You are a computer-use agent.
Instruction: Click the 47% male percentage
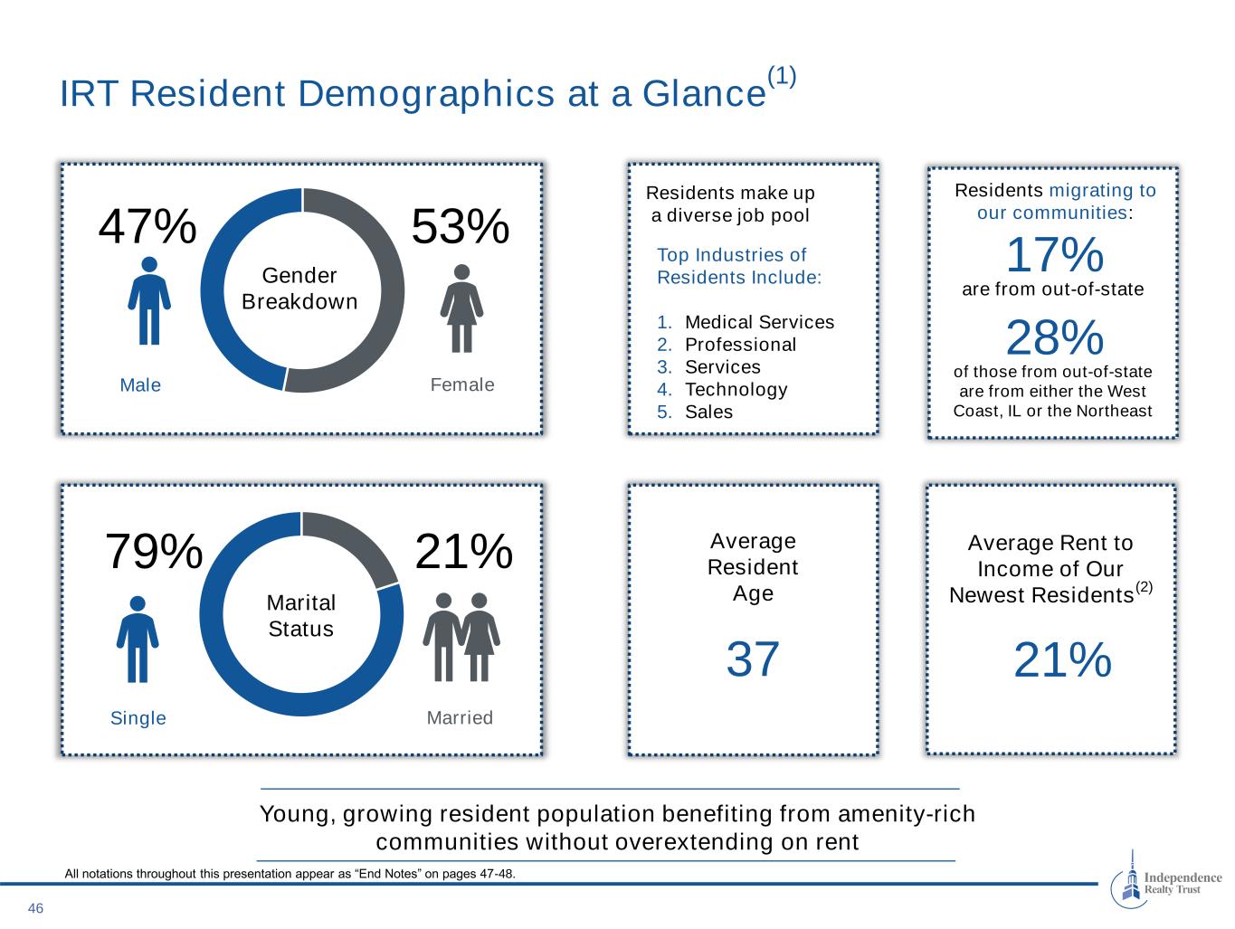(x=147, y=226)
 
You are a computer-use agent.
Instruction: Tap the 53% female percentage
(x=461, y=226)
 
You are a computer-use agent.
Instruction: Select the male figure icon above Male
(x=150, y=300)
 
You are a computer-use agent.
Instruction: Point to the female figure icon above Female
(x=461, y=308)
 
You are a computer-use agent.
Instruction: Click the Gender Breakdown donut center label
(x=300, y=289)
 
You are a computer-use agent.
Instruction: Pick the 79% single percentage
(x=154, y=551)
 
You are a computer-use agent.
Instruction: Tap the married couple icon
(x=461, y=637)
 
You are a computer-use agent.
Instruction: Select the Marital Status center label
(x=301, y=615)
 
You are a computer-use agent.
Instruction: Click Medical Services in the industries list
(x=759, y=322)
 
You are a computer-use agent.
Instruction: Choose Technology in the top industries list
(x=736, y=389)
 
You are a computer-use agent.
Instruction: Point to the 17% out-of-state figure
(x=1054, y=255)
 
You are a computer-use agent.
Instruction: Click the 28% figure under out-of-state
(x=1054, y=338)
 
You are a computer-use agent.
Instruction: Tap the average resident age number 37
(x=753, y=659)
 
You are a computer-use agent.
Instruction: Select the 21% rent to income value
(x=1062, y=659)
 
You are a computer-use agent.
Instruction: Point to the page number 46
(x=36, y=908)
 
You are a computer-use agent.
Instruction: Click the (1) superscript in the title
(x=782, y=77)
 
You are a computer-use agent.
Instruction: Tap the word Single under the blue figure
(x=138, y=718)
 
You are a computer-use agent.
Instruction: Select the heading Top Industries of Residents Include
(x=739, y=266)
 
